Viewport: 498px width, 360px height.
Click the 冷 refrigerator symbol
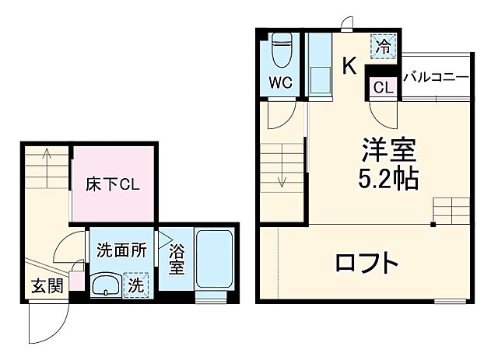[x=382, y=46]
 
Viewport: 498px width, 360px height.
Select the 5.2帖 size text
[x=388, y=180]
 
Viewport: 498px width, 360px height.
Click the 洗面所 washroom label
[x=121, y=250]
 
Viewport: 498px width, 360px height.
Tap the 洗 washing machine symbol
[x=135, y=285]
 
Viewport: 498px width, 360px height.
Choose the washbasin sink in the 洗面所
[x=103, y=285]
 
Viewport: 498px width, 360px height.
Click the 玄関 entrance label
[x=47, y=286]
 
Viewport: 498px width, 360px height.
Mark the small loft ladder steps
[x=452, y=208]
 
